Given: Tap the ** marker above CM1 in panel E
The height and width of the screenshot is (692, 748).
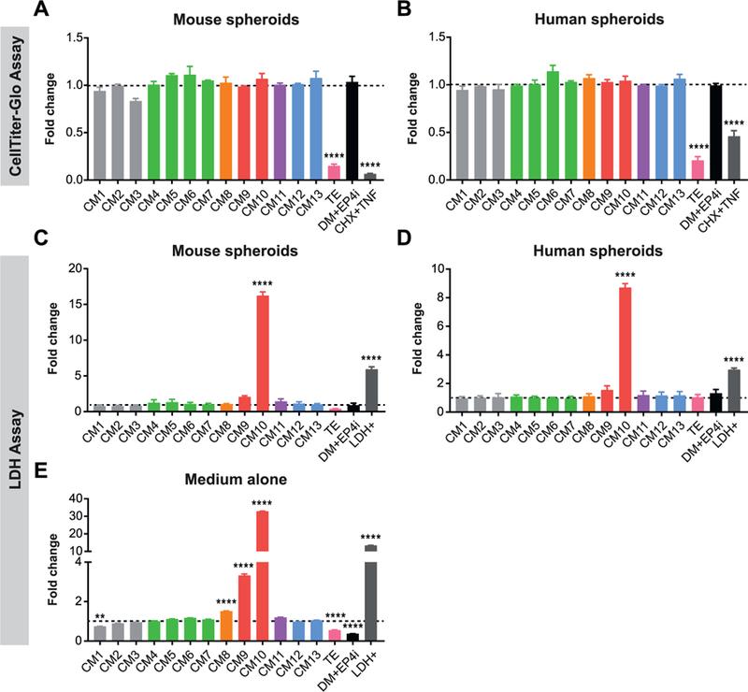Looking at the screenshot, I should coord(100,616).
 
